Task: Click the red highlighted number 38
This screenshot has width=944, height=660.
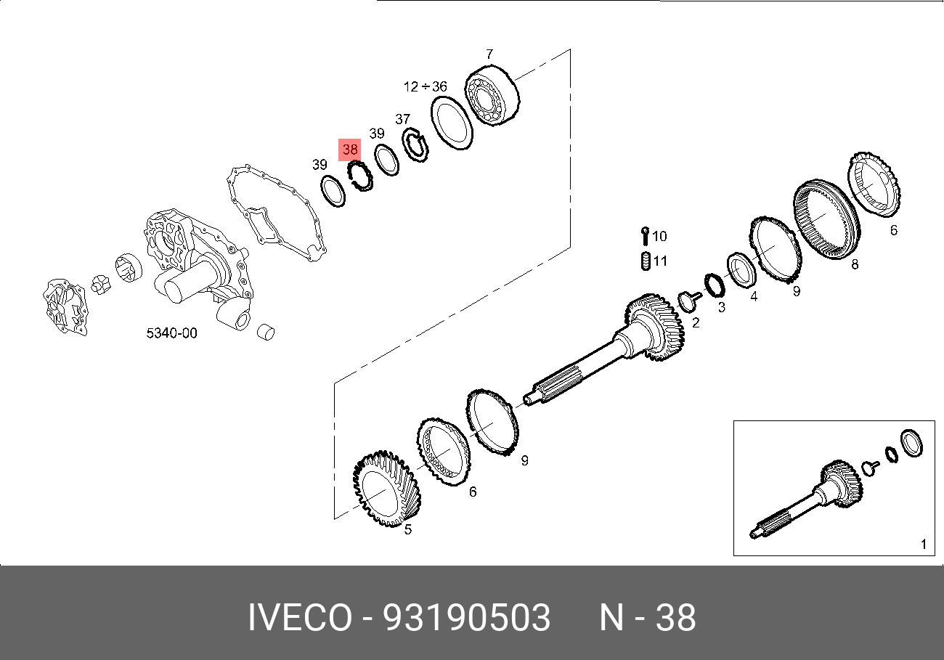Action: coord(350,150)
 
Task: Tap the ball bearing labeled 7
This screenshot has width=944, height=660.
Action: coord(493,97)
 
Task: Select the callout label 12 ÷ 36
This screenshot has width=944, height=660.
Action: coord(425,87)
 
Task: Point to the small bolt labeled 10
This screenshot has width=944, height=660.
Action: coord(644,236)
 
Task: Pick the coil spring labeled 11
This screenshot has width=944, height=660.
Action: coord(644,261)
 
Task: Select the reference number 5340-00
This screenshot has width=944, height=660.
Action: coord(171,333)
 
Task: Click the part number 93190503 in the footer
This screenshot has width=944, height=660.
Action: coord(467,618)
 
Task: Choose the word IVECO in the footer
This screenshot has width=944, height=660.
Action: coord(298,618)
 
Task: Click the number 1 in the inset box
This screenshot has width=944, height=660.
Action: coord(923,544)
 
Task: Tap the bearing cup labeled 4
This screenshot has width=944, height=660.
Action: coord(742,270)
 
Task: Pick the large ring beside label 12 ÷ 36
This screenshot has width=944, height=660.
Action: coord(452,123)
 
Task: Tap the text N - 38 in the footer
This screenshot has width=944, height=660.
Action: coord(647,618)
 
